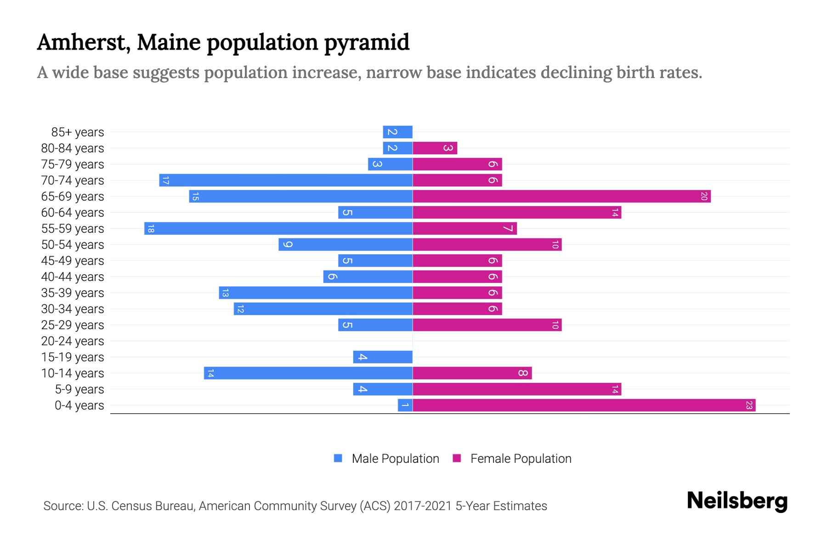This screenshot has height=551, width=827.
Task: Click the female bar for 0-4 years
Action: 583,405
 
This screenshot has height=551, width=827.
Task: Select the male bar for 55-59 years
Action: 278,229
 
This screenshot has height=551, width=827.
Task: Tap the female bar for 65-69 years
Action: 561,197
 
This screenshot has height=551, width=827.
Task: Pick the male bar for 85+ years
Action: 397,132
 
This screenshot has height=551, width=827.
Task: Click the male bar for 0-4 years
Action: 405,405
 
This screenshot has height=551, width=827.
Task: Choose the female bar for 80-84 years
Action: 435,148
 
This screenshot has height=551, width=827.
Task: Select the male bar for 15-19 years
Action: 382,357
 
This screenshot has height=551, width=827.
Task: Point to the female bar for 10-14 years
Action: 472,373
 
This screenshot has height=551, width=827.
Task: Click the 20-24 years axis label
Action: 73,341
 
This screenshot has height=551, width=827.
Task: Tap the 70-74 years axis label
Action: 73,180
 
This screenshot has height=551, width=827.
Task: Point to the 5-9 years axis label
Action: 79,389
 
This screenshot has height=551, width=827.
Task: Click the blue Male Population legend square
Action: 338,458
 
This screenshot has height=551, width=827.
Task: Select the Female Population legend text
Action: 521,459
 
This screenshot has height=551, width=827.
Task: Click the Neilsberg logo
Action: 737,501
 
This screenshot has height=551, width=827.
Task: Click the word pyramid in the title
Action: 367,43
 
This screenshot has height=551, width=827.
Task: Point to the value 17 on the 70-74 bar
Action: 165,180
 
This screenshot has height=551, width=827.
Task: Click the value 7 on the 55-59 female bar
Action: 508,229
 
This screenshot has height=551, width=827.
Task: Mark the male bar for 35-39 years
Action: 316,293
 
